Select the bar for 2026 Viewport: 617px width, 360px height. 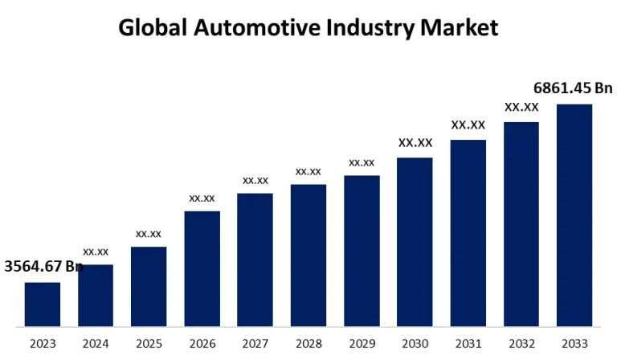point(202,268)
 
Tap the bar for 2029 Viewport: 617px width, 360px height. point(362,251)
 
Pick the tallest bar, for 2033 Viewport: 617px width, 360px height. point(574,215)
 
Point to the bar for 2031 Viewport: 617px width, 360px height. point(468,233)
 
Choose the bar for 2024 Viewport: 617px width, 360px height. point(96,295)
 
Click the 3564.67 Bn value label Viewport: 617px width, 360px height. point(44,266)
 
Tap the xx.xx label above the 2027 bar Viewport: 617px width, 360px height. point(255,180)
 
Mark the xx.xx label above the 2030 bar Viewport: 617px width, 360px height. point(415,143)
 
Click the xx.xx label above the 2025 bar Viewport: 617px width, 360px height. point(149,233)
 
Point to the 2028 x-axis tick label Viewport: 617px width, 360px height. point(308,344)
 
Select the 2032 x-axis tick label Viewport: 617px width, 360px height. point(521,344)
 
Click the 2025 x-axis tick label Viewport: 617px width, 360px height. point(149,344)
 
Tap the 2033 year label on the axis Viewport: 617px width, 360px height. point(574,344)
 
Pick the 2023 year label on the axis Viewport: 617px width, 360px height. point(42,344)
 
